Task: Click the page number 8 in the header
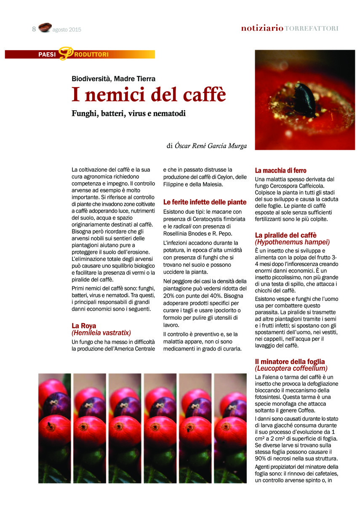pyautogui.click(x=34, y=29)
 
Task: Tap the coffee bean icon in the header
pyautogui.click(x=44, y=28)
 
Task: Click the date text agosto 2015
pyautogui.click(x=67, y=30)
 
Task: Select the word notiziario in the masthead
pyautogui.click(x=262, y=29)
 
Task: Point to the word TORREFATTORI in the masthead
pyautogui.click(x=312, y=29)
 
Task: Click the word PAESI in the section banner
pyautogui.click(x=47, y=54)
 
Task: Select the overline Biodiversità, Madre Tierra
pyautogui.click(x=114, y=79)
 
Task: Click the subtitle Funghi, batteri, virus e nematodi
pyautogui.click(x=129, y=113)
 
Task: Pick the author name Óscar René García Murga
pyautogui.click(x=211, y=146)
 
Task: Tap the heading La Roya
pyautogui.click(x=84, y=325)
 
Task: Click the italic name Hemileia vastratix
pyautogui.click(x=101, y=332)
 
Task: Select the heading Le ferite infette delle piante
pyautogui.click(x=205, y=202)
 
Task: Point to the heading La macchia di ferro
pyautogui.click(x=280, y=170)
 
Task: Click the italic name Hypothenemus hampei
pyautogui.click(x=292, y=242)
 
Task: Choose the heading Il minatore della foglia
pyautogui.click(x=290, y=361)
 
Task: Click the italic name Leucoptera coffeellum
pyautogui.click(x=291, y=368)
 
